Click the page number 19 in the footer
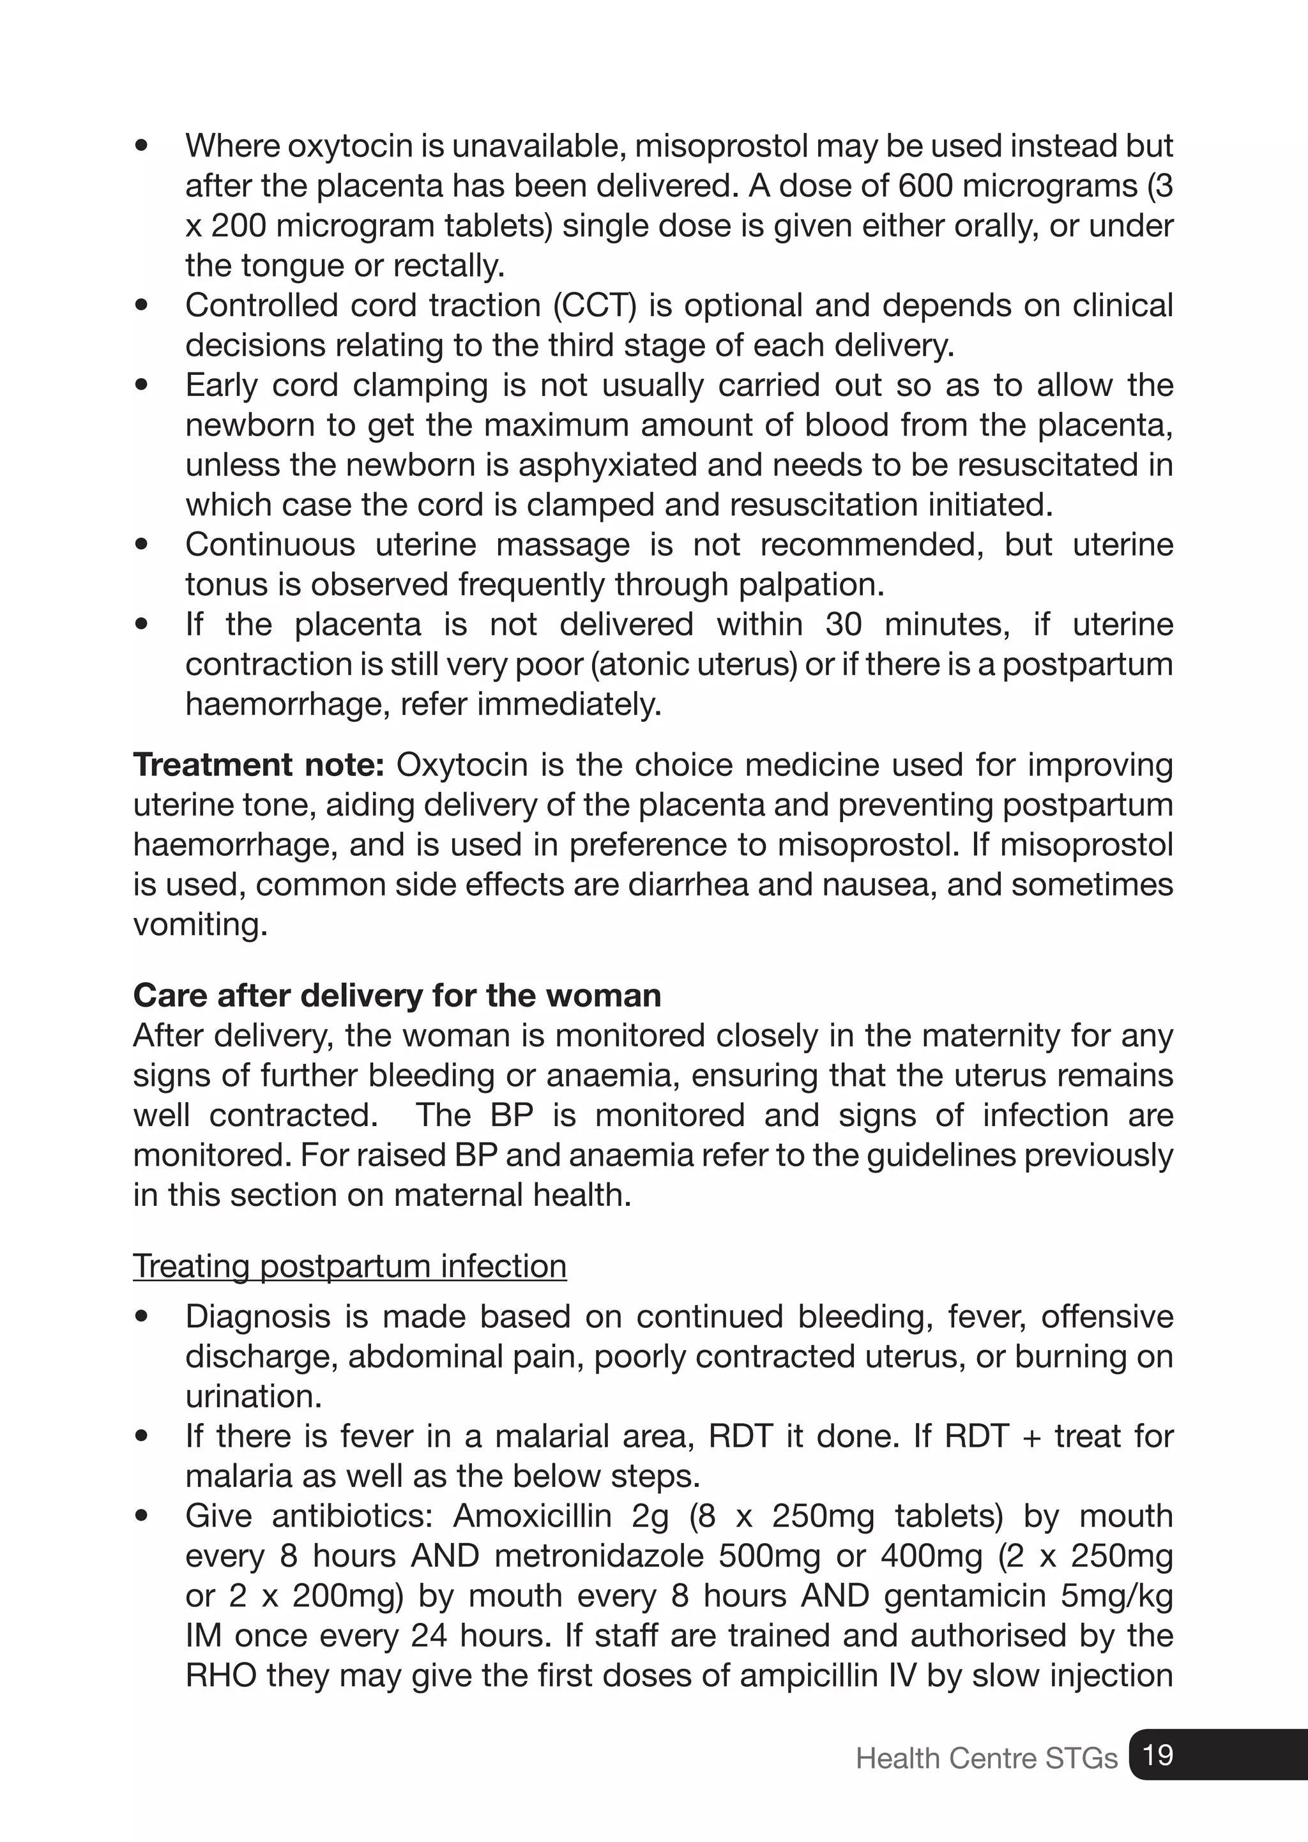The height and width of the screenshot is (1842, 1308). click(x=1157, y=1754)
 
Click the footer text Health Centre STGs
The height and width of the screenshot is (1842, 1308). click(x=986, y=1758)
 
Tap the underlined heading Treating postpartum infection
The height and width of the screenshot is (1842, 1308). click(x=349, y=1266)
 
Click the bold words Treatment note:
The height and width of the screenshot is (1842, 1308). click(x=259, y=765)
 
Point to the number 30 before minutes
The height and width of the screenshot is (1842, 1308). click(x=843, y=624)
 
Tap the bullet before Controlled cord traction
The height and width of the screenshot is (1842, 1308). click(x=142, y=306)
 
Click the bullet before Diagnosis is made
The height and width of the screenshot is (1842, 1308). click(x=142, y=1317)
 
